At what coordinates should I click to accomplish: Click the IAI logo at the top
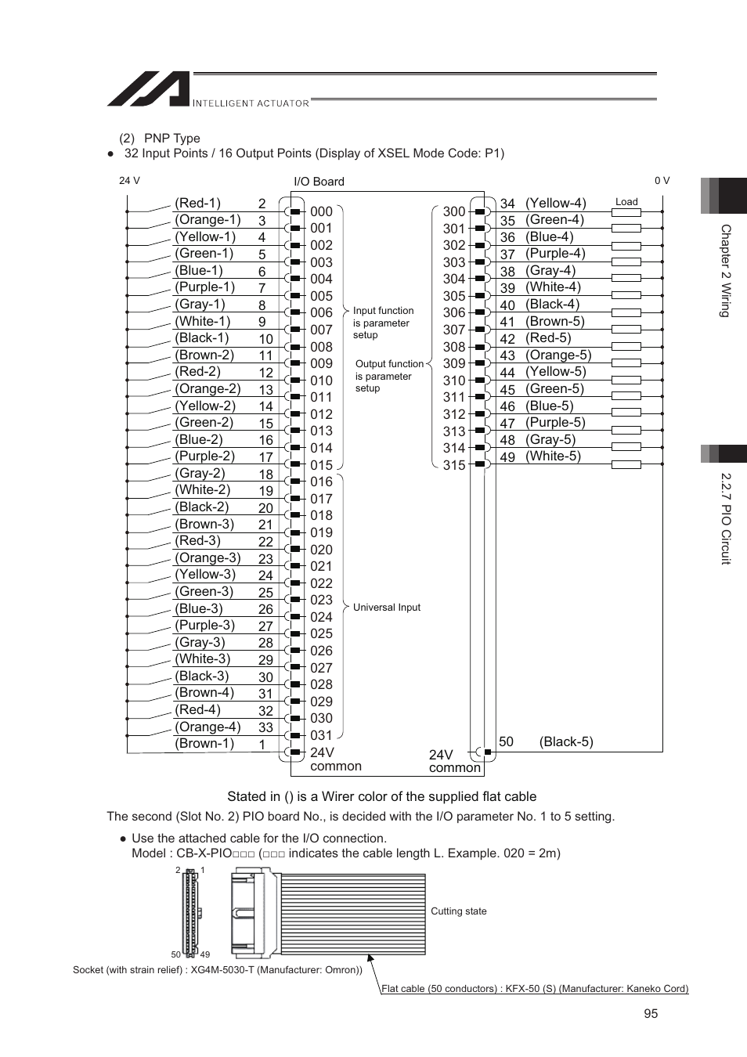tap(149, 89)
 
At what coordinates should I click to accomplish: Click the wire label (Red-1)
tap(197, 203)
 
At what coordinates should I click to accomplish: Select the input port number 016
tap(321, 482)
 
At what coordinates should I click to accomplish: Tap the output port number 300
tap(454, 211)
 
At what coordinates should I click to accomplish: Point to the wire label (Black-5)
tap(566, 741)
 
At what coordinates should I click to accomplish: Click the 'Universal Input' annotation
tap(386, 607)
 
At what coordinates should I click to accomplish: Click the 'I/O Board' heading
tap(319, 182)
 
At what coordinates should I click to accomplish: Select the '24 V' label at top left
tap(129, 181)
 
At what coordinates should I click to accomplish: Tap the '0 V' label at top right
tap(662, 181)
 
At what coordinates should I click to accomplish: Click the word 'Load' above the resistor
tap(626, 201)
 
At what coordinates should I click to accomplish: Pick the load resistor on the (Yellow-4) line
tap(626, 211)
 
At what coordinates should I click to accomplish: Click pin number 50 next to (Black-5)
tap(507, 741)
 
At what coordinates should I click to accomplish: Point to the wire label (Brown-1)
tap(204, 743)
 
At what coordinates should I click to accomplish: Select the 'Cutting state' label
tap(458, 911)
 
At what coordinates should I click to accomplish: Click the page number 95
tap(651, 1013)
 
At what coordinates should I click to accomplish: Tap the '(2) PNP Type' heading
tap(160, 139)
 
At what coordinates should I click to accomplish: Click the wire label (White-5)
tap(553, 456)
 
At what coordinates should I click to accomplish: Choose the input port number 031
tap(321, 735)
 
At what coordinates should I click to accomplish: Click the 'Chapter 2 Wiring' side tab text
tap(725, 271)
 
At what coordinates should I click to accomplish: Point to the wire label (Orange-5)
tap(558, 355)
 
